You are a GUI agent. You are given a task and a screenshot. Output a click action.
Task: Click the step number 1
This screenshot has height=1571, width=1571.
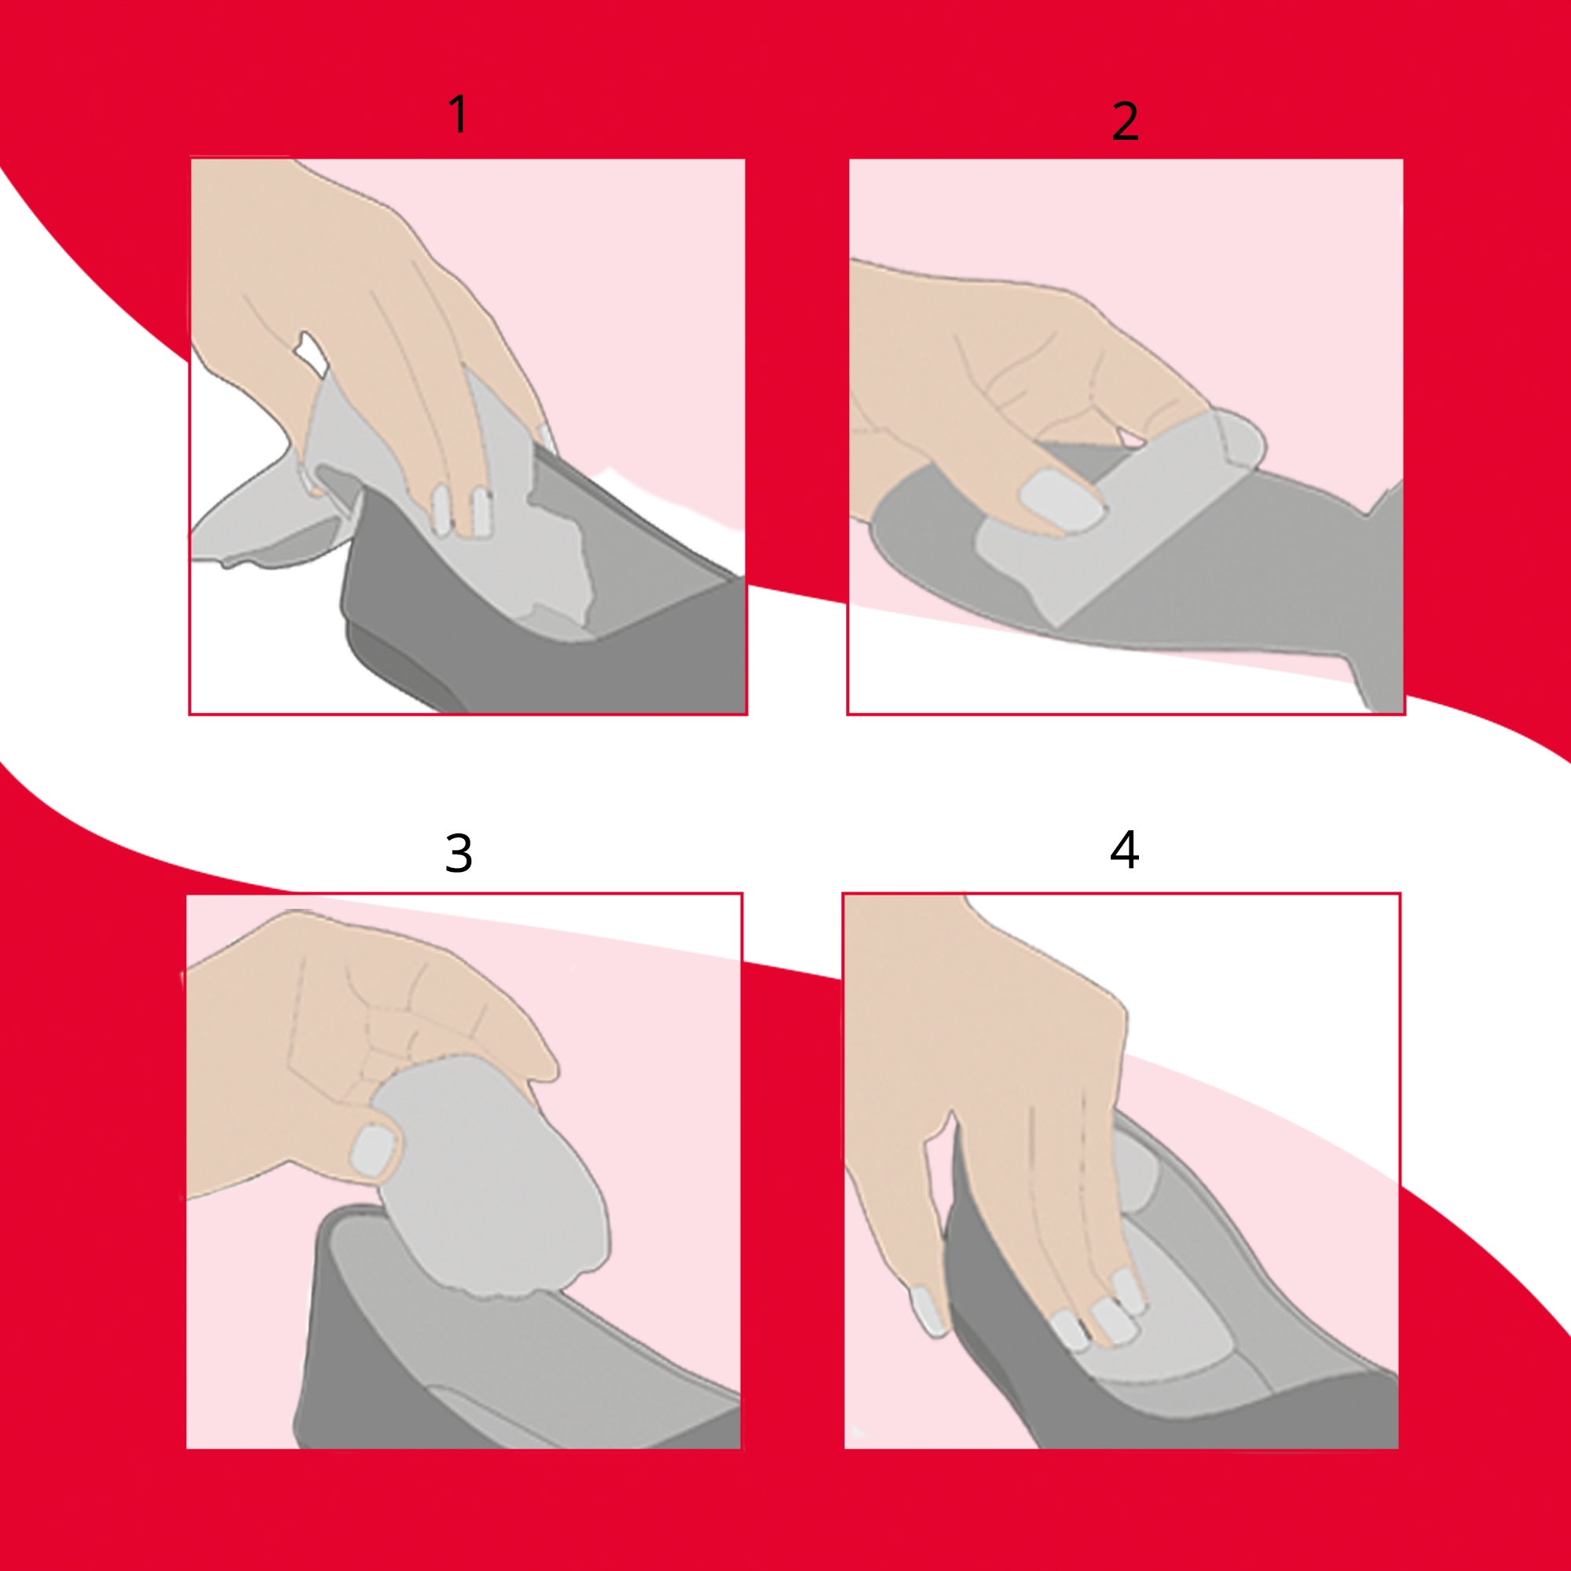[x=460, y=113]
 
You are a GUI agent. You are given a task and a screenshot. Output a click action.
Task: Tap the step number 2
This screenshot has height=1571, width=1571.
[x=1125, y=122]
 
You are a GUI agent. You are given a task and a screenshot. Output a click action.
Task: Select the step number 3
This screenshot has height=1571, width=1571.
[x=459, y=853]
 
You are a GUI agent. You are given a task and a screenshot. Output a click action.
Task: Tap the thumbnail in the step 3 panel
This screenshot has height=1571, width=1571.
[x=372, y=1150]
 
